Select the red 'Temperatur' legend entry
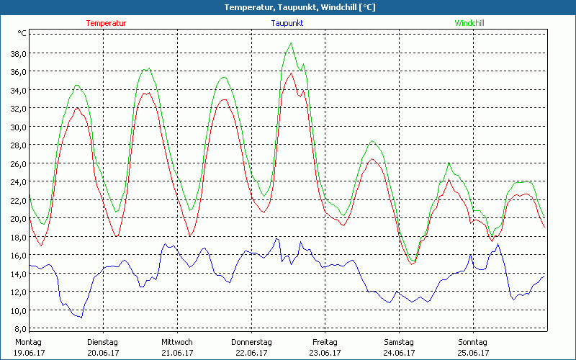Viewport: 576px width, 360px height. point(106,23)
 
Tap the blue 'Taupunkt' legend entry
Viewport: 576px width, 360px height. point(287,23)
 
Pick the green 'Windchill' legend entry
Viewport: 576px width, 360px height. point(469,23)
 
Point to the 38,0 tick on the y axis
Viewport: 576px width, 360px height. point(17,53)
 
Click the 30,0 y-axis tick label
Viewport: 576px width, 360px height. point(17,127)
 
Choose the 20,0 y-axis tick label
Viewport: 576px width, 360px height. point(17,218)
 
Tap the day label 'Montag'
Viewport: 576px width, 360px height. point(28,342)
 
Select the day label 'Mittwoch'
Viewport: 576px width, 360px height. point(177,342)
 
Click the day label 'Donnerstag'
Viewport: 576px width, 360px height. point(251,342)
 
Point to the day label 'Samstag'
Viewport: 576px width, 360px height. point(399,342)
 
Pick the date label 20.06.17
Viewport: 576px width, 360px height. point(102,353)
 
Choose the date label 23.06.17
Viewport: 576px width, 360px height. point(325,353)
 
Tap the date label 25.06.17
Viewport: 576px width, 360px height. point(473,353)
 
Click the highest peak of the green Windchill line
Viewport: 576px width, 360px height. point(291,43)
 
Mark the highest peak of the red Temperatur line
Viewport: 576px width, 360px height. point(291,73)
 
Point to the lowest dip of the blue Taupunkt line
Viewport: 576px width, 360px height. point(81,318)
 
